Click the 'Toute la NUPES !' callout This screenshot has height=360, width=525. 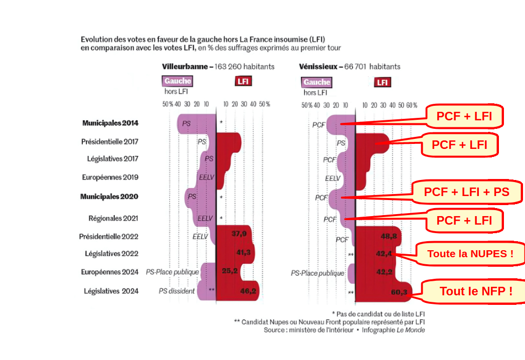tap(470, 254)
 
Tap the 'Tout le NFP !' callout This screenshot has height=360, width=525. tap(476, 291)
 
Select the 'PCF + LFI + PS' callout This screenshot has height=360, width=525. tap(466, 192)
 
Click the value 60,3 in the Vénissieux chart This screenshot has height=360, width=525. tap(398, 292)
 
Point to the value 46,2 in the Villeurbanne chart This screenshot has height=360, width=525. tap(249, 291)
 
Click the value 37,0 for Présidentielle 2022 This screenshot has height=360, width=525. tap(239, 234)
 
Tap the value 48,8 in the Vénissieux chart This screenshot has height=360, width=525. tap(389, 236)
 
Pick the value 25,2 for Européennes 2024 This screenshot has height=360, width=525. tap(230, 272)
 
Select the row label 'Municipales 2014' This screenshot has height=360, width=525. tap(110, 123)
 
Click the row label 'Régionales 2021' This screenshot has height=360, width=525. tap(113, 218)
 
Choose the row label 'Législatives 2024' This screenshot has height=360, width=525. tap(111, 291)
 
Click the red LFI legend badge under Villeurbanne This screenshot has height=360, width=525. tap(243, 81)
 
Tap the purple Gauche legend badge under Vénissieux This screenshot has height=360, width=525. tap(316, 82)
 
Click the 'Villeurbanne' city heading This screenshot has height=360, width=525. tap(185, 66)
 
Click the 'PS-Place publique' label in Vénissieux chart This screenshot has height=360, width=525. tap(317, 273)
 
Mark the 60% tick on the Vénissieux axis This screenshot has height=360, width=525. tap(412, 105)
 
